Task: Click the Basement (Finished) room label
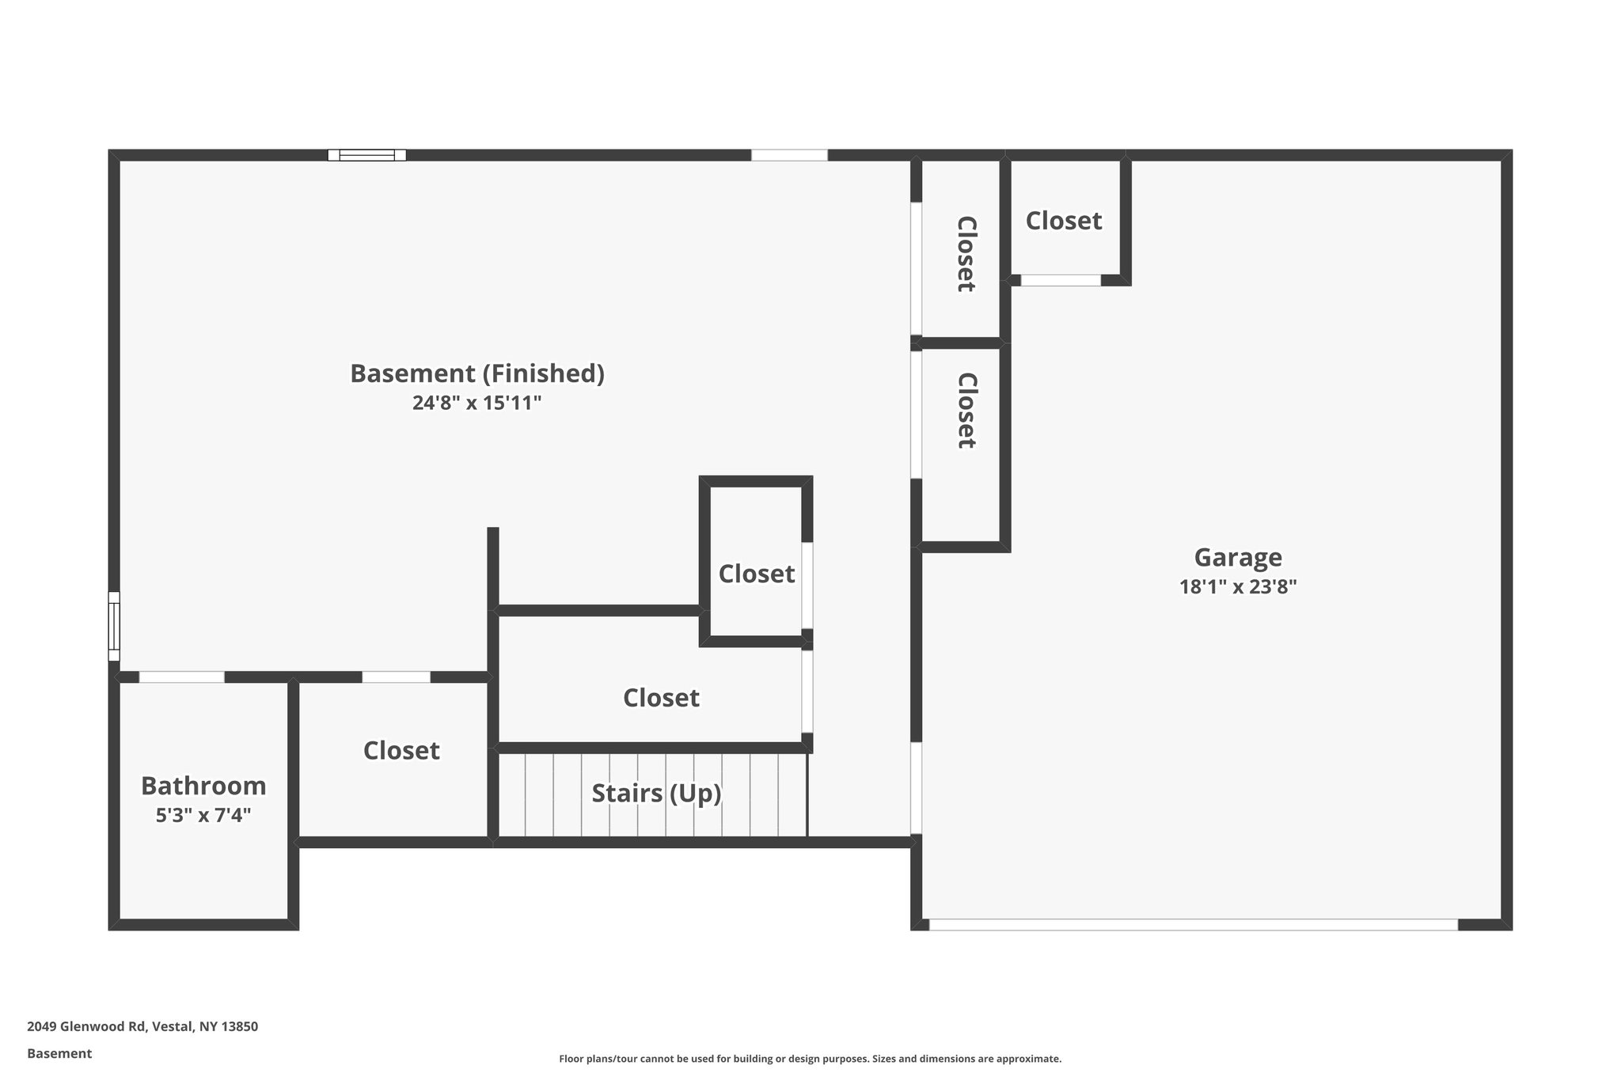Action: point(477,373)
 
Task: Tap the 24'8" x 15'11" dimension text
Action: point(476,404)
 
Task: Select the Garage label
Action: point(1237,558)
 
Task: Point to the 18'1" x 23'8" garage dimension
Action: point(1237,587)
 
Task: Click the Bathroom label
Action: point(203,786)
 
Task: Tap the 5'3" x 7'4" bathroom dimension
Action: point(203,815)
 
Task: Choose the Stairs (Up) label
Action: point(656,793)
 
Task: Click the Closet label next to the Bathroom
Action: point(401,751)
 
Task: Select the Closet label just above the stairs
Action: point(661,698)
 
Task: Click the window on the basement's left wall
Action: point(114,626)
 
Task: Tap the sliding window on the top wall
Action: point(367,155)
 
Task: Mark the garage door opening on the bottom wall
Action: point(1193,924)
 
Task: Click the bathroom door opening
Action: point(182,677)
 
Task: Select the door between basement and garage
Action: point(916,788)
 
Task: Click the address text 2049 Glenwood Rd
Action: point(142,1027)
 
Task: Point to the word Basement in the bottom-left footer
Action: point(59,1054)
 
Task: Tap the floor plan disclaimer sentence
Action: point(810,1059)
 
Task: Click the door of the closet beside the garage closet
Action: point(916,269)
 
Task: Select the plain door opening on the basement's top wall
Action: point(789,155)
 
